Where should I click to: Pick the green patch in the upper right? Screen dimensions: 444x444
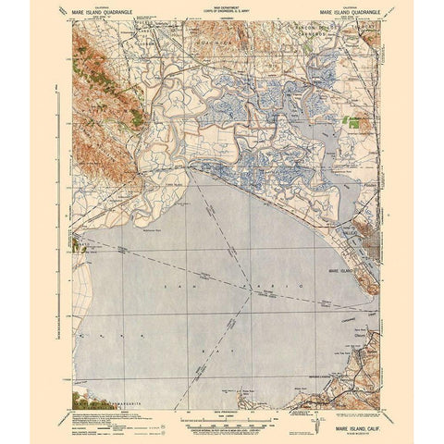[352, 121]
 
